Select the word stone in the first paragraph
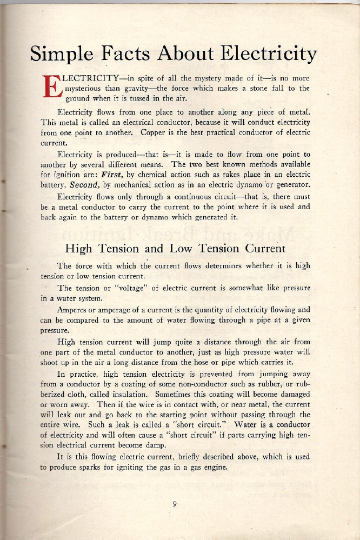click(x=254, y=88)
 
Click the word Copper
click(x=156, y=132)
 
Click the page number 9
click(x=175, y=504)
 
